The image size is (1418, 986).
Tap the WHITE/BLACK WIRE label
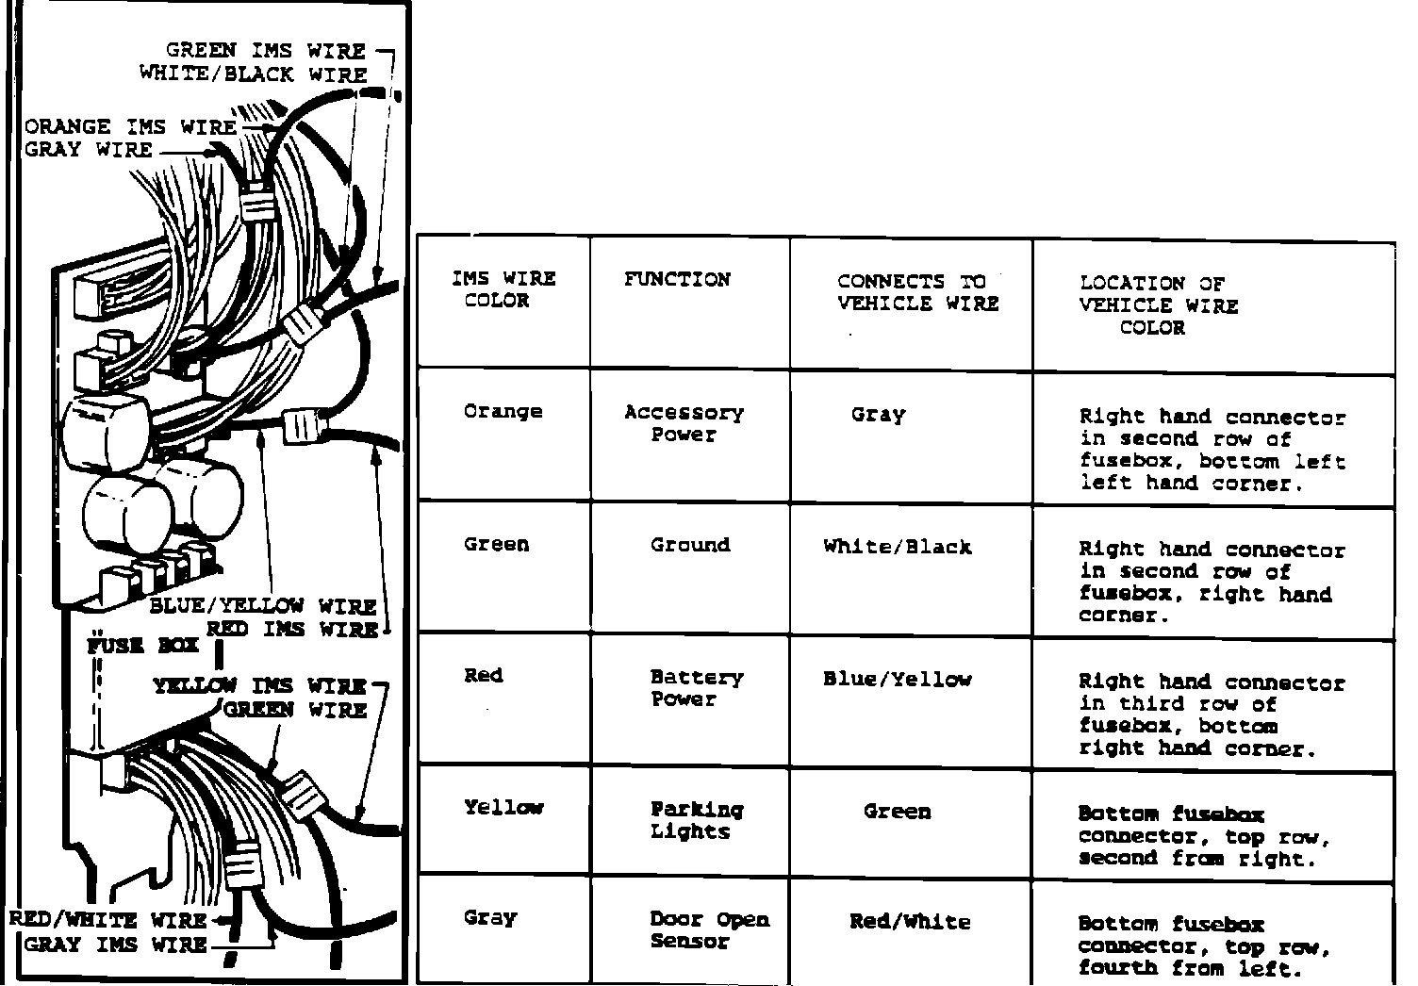(x=253, y=74)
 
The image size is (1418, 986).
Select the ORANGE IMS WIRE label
(x=131, y=126)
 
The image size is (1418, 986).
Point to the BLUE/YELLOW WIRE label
(x=263, y=605)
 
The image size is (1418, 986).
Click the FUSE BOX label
(x=142, y=646)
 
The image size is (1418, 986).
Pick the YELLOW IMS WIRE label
(x=259, y=685)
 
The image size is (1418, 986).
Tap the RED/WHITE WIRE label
(x=107, y=920)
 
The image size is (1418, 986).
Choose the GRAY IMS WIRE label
(x=116, y=944)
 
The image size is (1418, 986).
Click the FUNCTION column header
(x=677, y=280)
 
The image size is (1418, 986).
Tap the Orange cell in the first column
(x=503, y=412)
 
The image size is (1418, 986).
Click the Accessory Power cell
(x=684, y=423)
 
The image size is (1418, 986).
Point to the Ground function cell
(x=689, y=545)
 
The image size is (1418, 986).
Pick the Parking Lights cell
(x=696, y=820)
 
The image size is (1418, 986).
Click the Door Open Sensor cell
(x=709, y=929)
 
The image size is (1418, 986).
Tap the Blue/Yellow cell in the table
(x=897, y=680)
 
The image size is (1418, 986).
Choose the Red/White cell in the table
(x=909, y=922)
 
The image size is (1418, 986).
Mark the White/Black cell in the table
(x=897, y=547)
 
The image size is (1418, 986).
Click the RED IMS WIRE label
(x=292, y=629)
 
